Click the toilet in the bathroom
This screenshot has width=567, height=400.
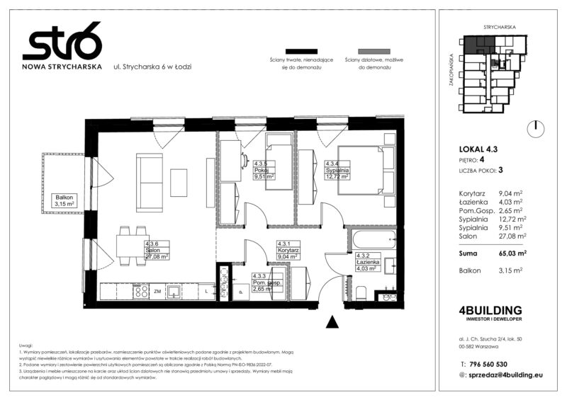click(361, 292)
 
